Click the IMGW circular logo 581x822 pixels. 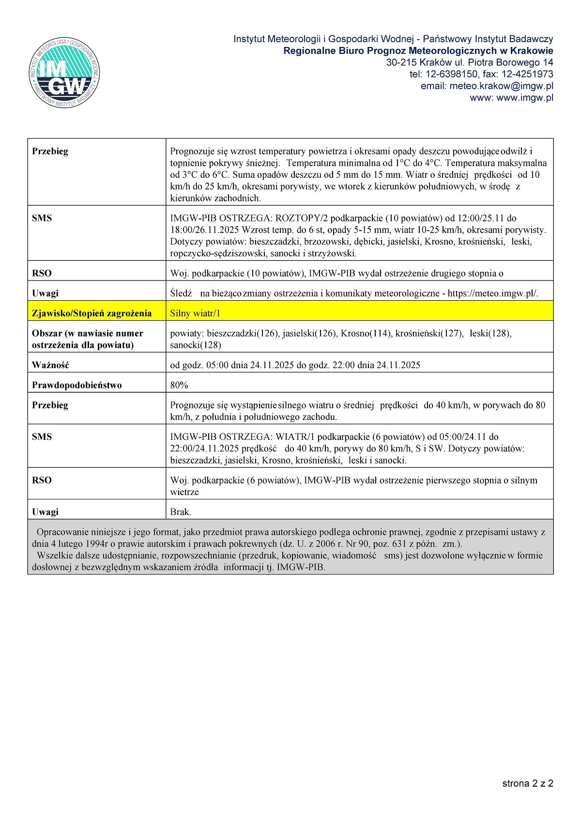point(64,73)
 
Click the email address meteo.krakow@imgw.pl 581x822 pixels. point(501,86)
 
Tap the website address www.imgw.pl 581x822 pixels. point(525,97)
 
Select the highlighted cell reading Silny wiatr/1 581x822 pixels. point(195,313)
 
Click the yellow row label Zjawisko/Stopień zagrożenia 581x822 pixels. point(92,313)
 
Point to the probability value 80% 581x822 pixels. point(179,385)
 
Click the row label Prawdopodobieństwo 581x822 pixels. point(76,385)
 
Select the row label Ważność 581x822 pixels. point(50,365)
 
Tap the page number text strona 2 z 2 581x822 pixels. point(527,783)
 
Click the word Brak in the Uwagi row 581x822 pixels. point(180,512)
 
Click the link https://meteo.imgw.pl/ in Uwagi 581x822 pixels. point(492,293)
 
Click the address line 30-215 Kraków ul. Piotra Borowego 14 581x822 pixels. point(469,62)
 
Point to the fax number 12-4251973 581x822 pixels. point(527,74)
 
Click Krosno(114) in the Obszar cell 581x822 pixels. point(367,333)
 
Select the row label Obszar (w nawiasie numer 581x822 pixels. point(87,333)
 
